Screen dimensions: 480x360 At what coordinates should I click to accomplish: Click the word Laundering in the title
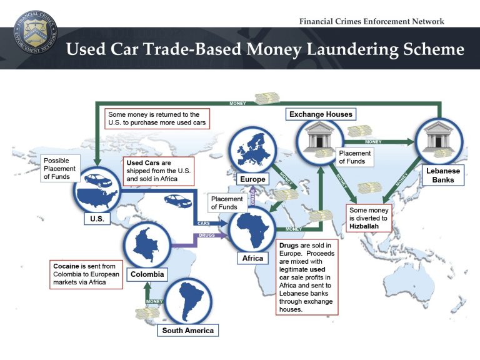pyautogui.click(x=352, y=49)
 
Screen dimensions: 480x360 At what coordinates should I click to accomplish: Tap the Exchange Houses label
pyautogui.click(x=321, y=114)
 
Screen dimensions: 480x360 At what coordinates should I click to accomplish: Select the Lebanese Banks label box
pyautogui.click(x=443, y=175)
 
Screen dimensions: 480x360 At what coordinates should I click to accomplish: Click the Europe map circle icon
pyautogui.click(x=253, y=150)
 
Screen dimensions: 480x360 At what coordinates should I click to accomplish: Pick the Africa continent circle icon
pyautogui.click(x=253, y=229)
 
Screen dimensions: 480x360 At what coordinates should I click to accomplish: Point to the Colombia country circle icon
pyautogui.click(x=147, y=246)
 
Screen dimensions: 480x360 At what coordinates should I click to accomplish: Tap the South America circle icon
pyautogui.click(x=188, y=301)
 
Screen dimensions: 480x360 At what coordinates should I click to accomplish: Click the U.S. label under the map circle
pyautogui.click(x=97, y=219)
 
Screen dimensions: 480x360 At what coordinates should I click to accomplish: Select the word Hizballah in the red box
pyautogui.click(x=364, y=226)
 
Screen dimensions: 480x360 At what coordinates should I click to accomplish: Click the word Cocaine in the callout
pyautogui.click(x=66, y=266)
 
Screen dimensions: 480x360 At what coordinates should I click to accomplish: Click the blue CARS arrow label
pyautogui.click(x=204, y=224)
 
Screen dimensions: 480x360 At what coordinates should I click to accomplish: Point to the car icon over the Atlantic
pyautogui.click(x=178, y=201)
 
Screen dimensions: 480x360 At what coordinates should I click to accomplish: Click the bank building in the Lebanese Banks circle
pyautogui.click(x=438, y=136)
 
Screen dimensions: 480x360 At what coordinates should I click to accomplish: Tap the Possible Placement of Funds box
pyautogui.click(x=60, y=168)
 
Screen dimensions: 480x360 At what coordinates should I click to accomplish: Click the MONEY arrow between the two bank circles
pyautogui.click(x=379, y=142)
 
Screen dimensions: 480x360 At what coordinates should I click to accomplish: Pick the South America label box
pyautogui.click(x=188, y=330)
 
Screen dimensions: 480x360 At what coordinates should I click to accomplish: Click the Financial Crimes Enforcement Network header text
pyautogui.click(x=372, y=21)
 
